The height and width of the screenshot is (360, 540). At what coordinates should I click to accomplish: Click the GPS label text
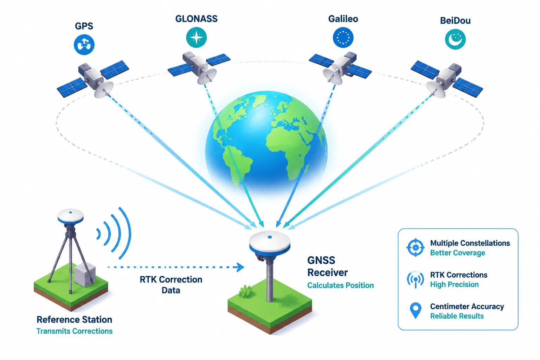click(84, 26)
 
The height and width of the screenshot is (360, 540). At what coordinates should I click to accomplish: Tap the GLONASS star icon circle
click(196, 37)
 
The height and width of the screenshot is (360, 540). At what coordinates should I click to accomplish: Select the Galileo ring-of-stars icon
click(343, 38)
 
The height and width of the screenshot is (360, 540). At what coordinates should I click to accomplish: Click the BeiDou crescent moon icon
click(455, 39)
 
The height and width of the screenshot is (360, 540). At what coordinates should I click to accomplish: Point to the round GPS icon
click(84, 45)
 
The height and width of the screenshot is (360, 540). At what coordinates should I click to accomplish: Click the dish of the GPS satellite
click(104, 90)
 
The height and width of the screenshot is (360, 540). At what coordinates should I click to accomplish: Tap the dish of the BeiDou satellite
click(436, 90)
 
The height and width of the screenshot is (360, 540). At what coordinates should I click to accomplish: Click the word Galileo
click(343, 19)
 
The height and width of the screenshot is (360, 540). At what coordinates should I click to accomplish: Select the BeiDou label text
click(455, 20)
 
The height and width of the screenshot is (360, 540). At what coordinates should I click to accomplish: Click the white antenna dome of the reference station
click(70, 216)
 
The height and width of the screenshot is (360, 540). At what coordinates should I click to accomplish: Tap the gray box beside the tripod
click(85, 275)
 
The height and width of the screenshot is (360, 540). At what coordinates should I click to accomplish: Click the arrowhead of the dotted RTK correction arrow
click(240, 267)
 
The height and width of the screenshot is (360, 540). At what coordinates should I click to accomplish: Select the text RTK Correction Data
click(171, 285)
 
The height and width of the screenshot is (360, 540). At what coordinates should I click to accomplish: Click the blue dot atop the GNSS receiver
click(270, 237)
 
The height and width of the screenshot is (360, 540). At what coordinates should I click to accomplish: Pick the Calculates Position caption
click(340, 285)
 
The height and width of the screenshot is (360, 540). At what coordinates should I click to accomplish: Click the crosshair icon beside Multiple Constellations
click(415, 247)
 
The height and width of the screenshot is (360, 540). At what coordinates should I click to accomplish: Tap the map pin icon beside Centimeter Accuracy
click(415, 310)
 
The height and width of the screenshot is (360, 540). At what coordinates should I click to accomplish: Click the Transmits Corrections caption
click(74, 331)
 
